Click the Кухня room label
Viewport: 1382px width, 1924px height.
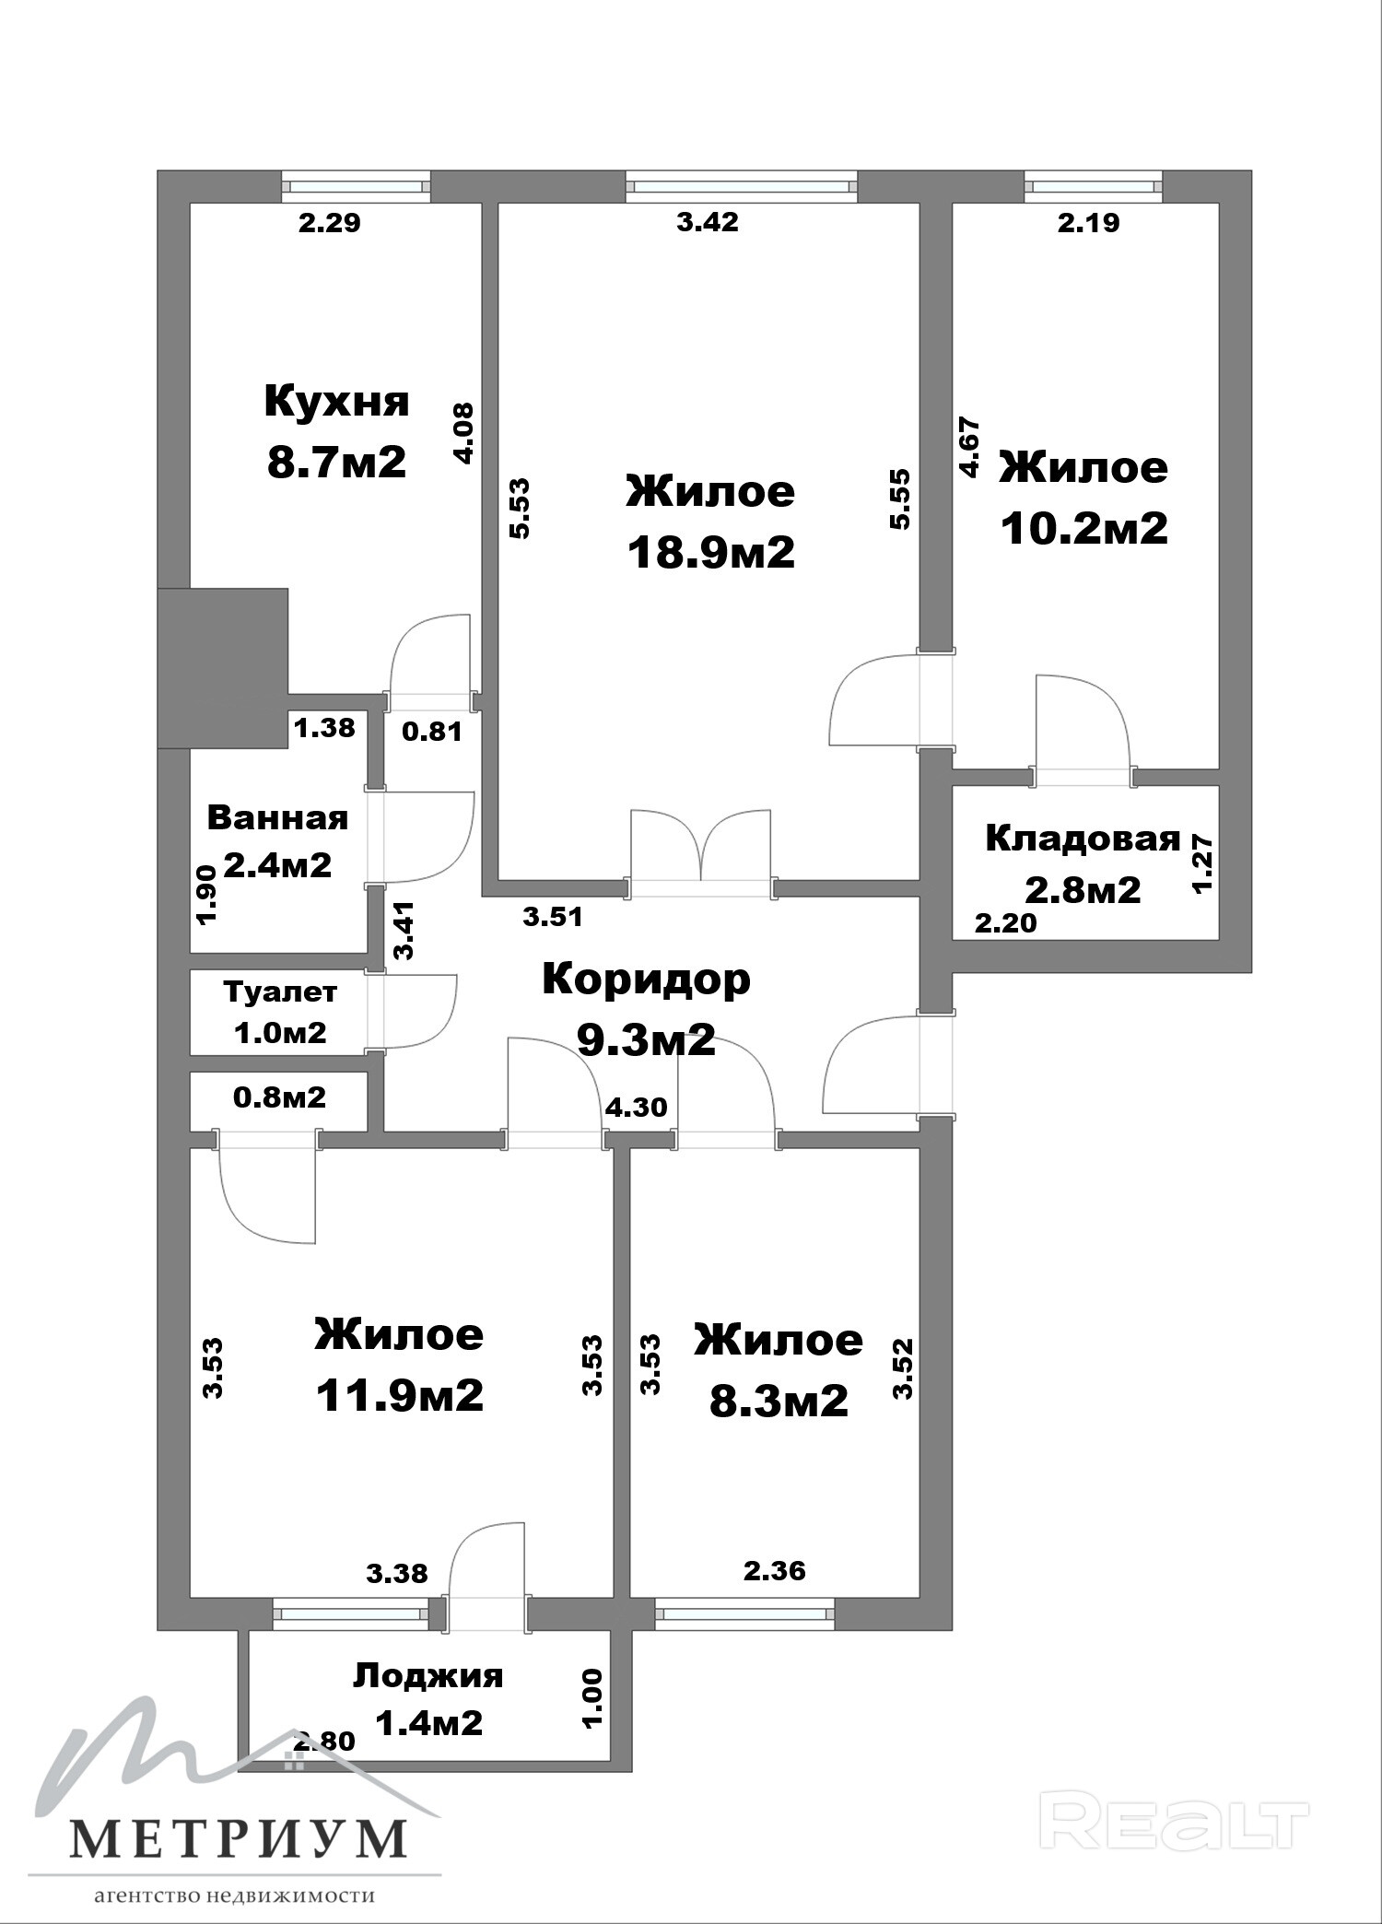point(336,403)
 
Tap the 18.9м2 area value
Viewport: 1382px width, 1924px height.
point(710,553)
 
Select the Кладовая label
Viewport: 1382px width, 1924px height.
point(1083,839)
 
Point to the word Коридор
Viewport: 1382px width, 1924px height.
point(646,980)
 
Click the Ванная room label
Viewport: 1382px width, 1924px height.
point(277,817)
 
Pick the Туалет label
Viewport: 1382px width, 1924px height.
point(280,992)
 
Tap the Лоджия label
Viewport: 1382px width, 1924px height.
point(428,1676)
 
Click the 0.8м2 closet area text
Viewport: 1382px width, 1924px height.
point(279,1097)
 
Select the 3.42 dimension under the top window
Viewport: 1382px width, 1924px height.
point(708,222)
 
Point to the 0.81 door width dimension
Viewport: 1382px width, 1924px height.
point(432,733)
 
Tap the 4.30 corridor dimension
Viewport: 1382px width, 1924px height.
point(637,1107)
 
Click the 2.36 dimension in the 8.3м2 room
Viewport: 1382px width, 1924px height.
point(775,1570)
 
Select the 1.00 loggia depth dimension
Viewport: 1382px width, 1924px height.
point(593,1697)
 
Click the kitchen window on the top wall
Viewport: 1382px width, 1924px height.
point(356,187)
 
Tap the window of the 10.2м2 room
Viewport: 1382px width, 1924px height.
point(1093,187)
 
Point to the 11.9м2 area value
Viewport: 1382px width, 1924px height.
point(399,1396)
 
